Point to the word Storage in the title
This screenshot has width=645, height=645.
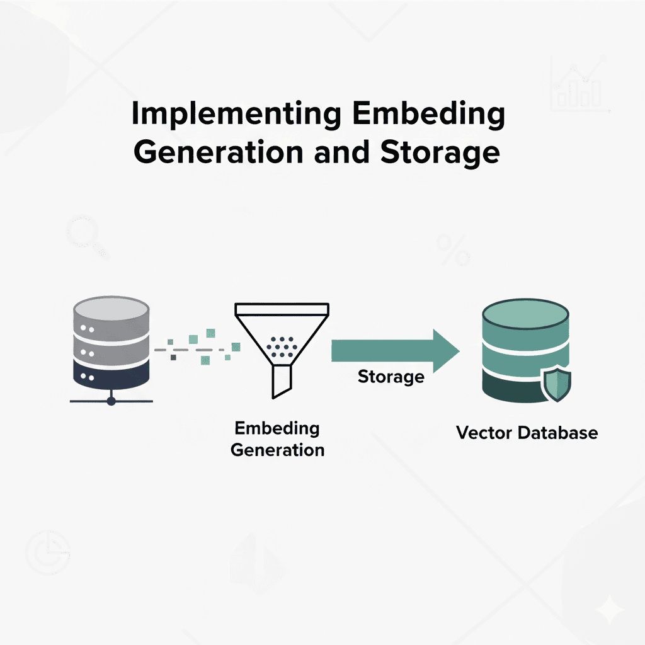point(442,153)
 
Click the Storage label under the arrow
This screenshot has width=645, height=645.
point(391,377)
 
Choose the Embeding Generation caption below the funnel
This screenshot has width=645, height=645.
point(277,439)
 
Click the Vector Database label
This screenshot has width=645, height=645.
point(527,433)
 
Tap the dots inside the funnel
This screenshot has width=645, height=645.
point(282,345)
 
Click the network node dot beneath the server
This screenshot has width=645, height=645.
point(111,401)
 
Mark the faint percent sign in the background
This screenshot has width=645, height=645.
point(452,250)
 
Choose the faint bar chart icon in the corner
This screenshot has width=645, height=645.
point(579,86)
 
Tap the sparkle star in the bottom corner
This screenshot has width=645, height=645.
point(610,610)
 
